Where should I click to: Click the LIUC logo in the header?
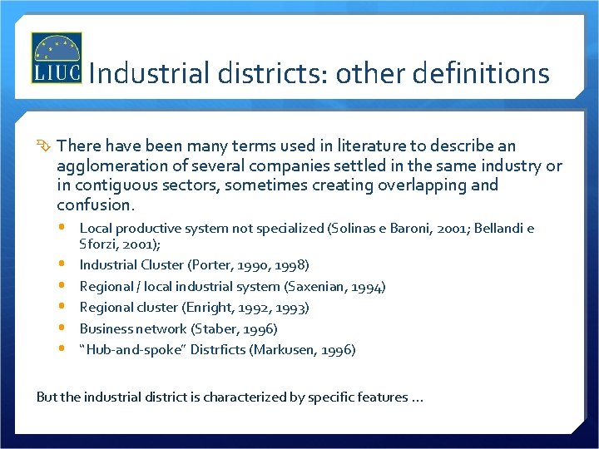pyautogui.click(x=56, y=58)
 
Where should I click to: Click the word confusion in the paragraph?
pyautogui.click(x=94, y=205)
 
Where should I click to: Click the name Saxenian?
pyautogui.click(x=318, y=287)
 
